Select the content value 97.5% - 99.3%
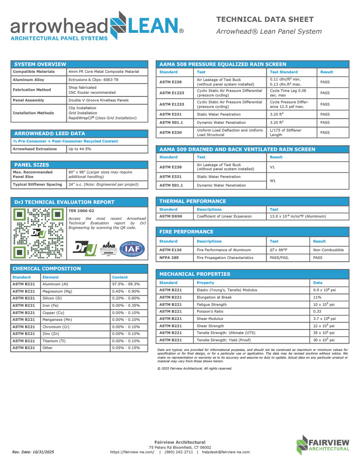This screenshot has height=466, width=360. [x=126, y=284]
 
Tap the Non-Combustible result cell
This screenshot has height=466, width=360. [x=329, y=250]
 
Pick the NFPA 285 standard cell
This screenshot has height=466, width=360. [x=168, y=258]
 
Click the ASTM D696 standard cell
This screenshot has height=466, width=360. [x=171, y=217]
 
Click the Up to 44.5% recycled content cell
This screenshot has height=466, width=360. [x=80, y=149]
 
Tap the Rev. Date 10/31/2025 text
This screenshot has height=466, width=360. [x=33, y=452]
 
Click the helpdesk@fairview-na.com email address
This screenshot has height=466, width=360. [x=226, y=452]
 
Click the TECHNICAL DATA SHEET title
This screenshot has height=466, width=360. [x=264, y=19]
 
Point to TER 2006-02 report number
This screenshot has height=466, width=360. [x=81, y=211]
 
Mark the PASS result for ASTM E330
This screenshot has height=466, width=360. [x=325, y=132]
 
